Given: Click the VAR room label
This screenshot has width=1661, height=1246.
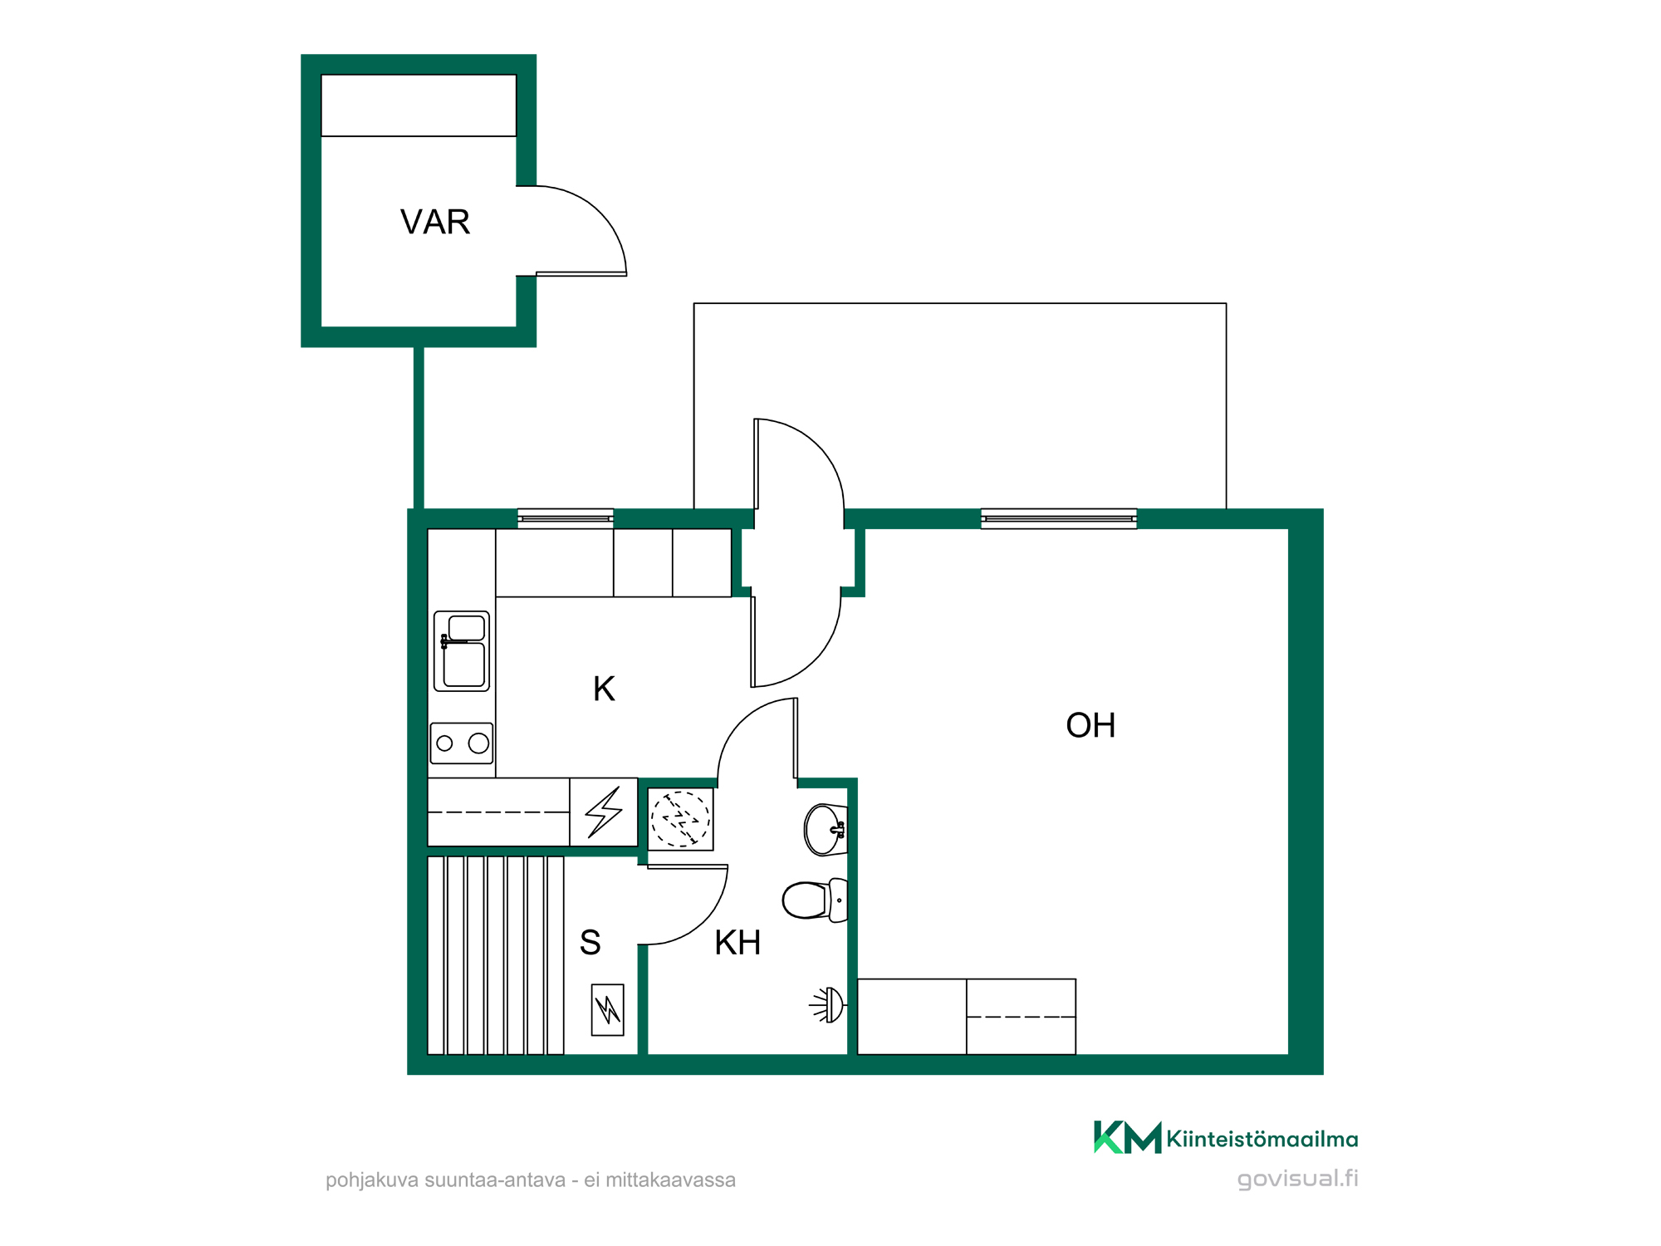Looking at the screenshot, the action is (435, 222).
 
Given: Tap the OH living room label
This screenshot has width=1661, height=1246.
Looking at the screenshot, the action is (1090, 725).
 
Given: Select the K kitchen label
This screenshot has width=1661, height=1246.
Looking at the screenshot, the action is (604, 689).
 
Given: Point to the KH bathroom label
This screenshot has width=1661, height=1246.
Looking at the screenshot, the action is (737, 943).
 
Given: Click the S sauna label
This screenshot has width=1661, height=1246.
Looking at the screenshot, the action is (590, 943).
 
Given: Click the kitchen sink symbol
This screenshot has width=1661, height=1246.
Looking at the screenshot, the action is (462, 651).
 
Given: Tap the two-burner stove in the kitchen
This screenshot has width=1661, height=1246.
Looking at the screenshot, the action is (462, 743).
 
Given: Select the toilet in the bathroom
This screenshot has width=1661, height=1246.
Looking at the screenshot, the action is (815, 900).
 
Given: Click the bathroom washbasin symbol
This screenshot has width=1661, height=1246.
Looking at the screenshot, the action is (826, 829).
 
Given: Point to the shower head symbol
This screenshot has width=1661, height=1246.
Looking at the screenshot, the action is (827, 1005).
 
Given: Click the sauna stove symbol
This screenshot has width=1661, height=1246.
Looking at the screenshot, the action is (607, 1009).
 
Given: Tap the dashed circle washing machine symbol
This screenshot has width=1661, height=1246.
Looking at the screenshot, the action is (680, 819).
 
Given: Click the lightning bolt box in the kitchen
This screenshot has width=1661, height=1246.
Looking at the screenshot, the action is (604, 812).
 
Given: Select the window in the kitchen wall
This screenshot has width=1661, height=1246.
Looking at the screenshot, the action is (566, 518).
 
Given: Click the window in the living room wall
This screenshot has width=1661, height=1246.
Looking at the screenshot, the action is (1059, 518).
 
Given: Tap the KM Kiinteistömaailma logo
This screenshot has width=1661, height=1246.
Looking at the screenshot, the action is (1226, 1137).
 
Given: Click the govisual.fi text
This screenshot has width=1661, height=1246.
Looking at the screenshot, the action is (1297, 1179).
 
